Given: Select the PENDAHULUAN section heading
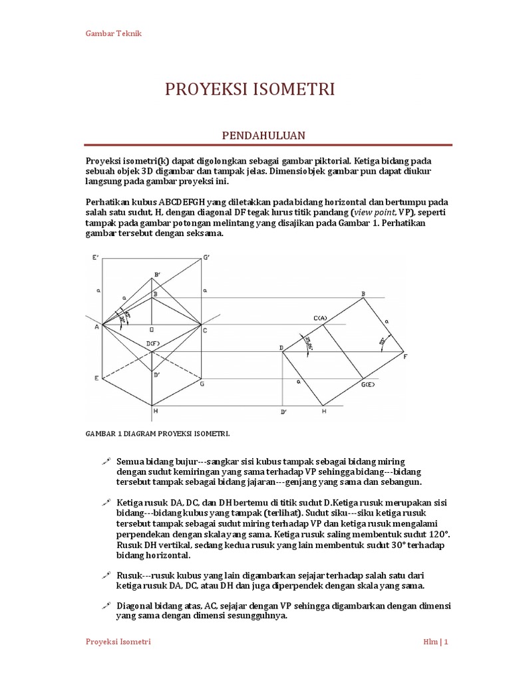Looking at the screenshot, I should [x=263, y=135].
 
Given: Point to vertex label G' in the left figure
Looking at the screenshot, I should [x=206, y=257].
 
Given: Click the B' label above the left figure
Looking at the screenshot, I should [x=157, y=274].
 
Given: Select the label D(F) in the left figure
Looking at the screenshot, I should [x=154, y=342].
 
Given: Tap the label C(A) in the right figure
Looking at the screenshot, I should [x=321, y=319].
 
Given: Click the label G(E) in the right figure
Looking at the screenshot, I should [x=368, y=385].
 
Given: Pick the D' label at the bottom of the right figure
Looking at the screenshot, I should [x=283, y=412].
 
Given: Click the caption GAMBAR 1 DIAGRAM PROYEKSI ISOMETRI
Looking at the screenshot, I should [x=157, y=433].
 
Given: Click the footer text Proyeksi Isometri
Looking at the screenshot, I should [x=118, y=642].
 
